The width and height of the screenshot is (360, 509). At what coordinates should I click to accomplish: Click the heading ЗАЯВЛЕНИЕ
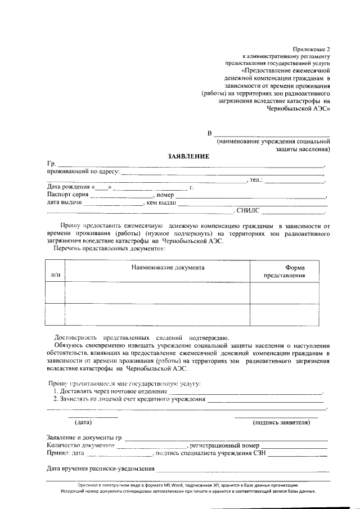[x=188, y=156]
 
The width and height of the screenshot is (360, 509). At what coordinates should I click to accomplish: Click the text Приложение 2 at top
[x=313, y=49]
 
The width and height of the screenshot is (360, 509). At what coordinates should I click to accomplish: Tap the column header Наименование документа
[x=168, y=268]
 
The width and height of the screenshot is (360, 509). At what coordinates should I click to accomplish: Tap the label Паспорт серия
[x=67, y=195]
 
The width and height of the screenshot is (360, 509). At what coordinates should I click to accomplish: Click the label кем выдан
[x=162, y=202]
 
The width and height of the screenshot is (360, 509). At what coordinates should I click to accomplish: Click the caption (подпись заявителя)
[x=281, y=422]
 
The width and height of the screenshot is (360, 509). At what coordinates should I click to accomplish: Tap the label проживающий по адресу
[x=83, y=172]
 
